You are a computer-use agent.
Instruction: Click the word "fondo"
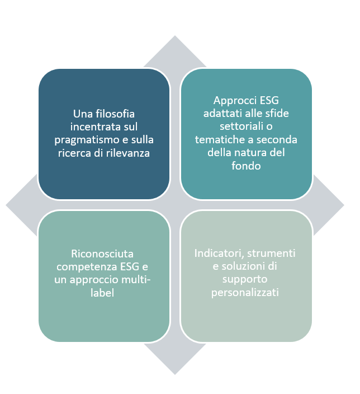point(246,166)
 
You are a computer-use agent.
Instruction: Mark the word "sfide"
point(278,113)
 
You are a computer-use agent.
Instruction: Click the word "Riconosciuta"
point(102,254)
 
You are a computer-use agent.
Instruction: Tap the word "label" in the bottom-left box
point(102,293)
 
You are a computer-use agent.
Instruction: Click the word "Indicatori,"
point(219,254)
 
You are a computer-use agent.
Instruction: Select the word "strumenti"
point(271,254)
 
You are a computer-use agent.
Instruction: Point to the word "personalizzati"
point(245,293)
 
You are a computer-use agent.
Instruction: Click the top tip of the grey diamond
point(175,36)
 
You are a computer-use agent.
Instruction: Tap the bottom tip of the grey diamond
point(175,374)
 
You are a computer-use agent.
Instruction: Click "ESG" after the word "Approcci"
point(269,101)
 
